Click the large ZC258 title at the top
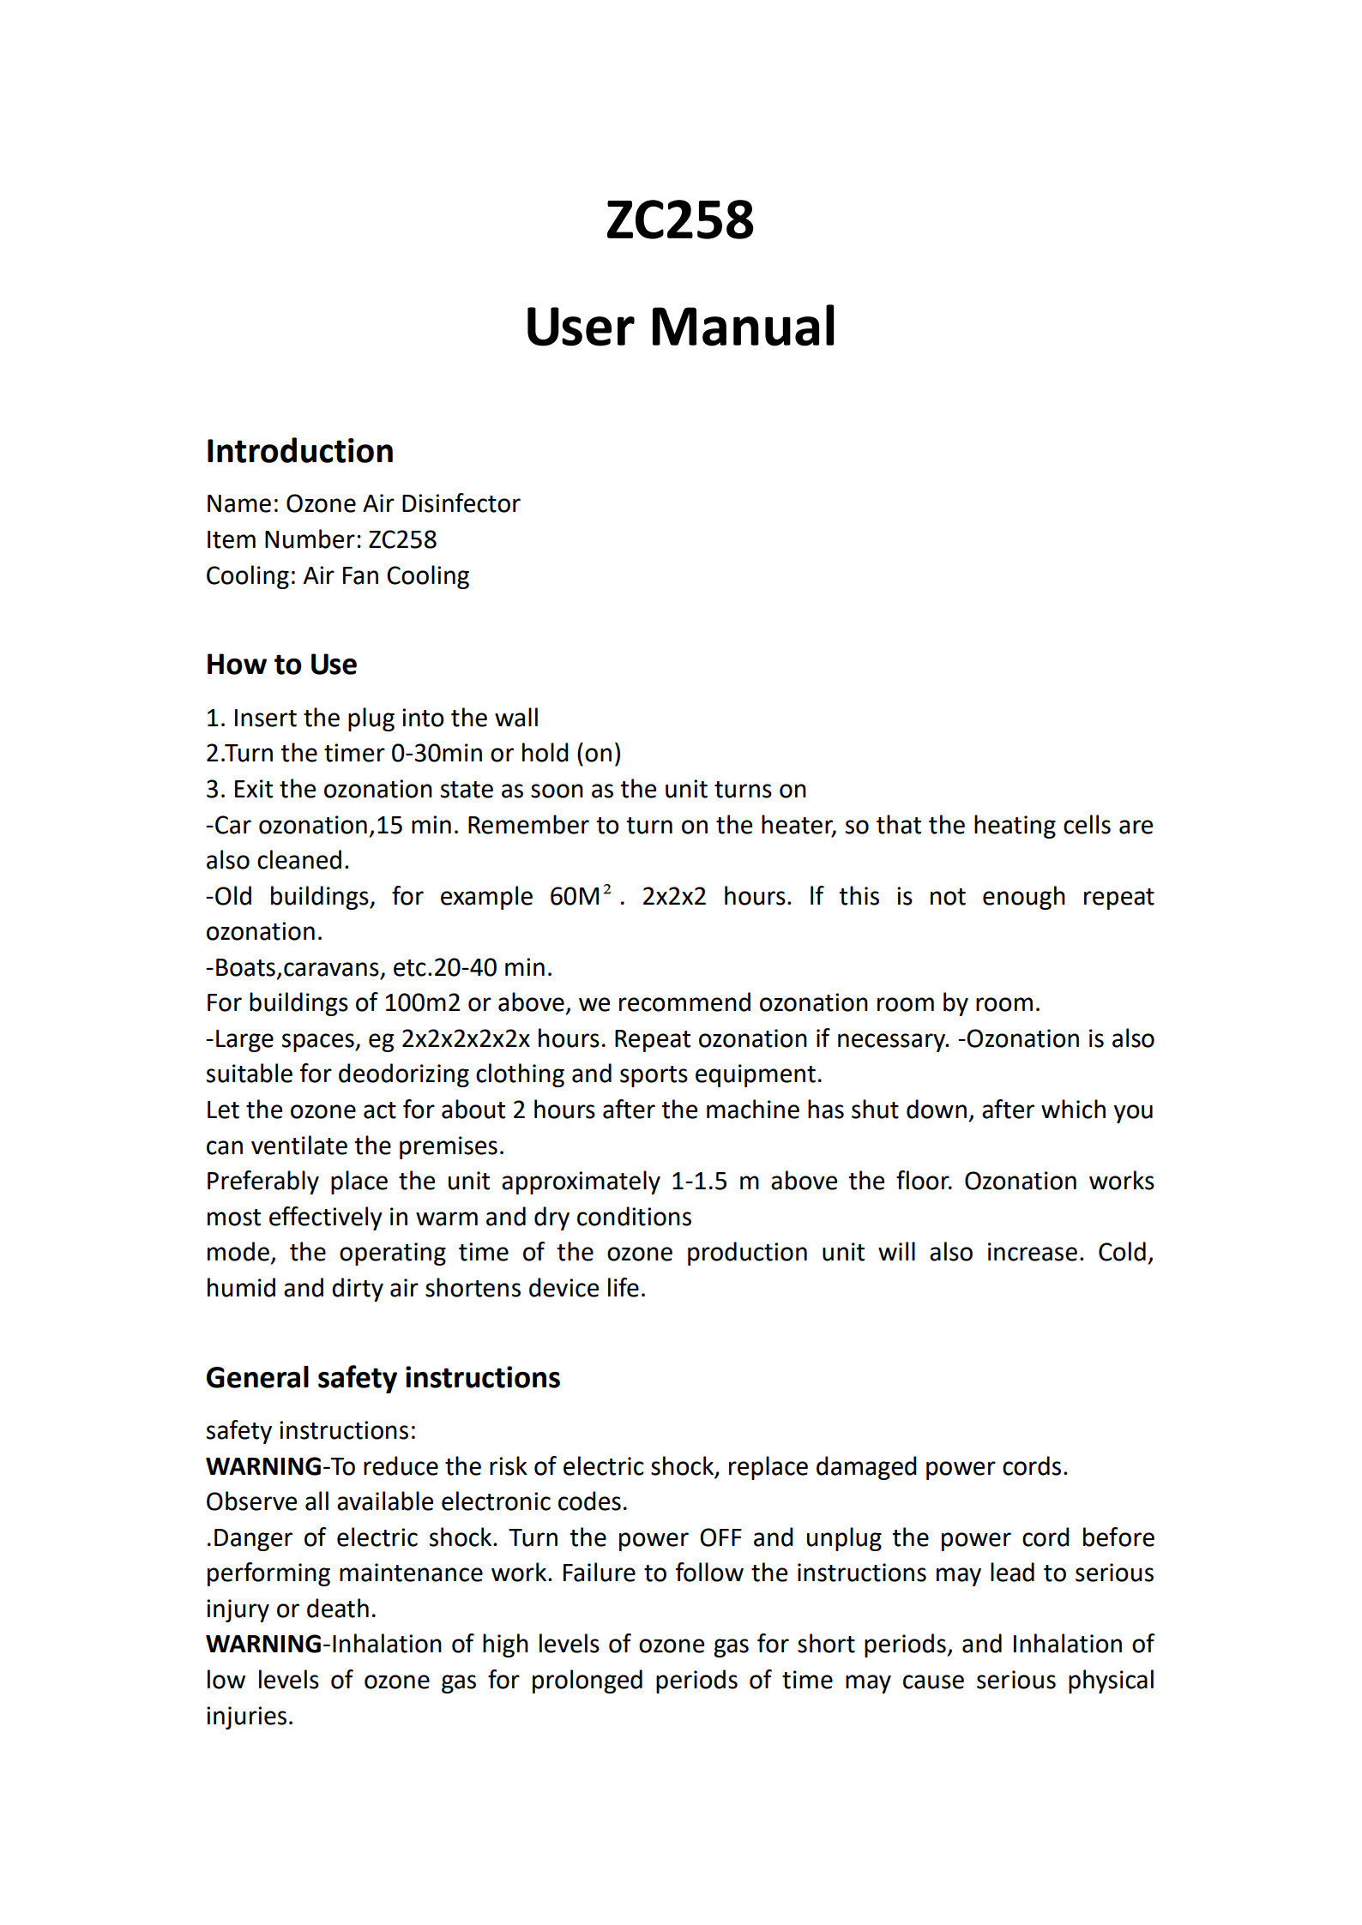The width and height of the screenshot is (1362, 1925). point(679,220)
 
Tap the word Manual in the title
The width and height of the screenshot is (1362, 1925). point(742,327)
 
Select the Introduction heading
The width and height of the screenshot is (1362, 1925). point(299,451)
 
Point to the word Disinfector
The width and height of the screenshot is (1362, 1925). point(461,503)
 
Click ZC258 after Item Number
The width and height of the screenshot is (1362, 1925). point(402,539)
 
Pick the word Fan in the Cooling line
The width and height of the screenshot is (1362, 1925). point(359,575)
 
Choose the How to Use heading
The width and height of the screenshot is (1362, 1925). point(281,665)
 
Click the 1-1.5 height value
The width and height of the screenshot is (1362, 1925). point(698,1181)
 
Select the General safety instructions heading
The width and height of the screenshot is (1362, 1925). point(383,1377)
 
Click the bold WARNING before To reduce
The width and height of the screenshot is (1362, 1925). point(263,1466)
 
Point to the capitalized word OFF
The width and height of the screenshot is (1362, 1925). point(720,1537)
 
